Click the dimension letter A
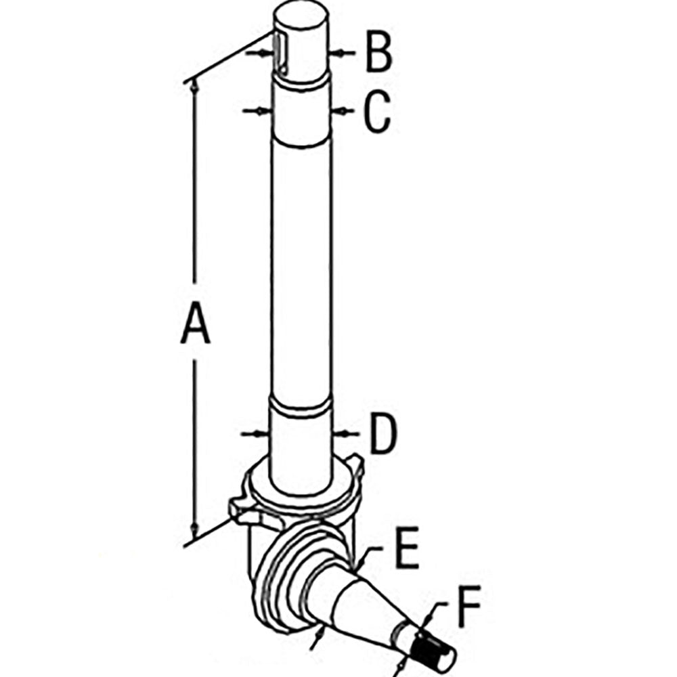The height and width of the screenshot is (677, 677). [x=195, y=322]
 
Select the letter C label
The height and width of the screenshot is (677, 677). [x=377, y=111]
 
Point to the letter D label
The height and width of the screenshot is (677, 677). [x=383, y=434]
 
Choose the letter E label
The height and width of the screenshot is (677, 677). [x=408, y=548]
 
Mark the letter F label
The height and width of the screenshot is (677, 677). [x=469, y=606]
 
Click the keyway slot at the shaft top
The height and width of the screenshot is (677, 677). [x=281, y=54]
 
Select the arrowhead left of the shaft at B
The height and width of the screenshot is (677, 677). [x=264, y=53]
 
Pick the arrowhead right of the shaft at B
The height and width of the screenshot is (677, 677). [x=336, y=53]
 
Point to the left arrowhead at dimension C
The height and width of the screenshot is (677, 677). [x=262, y=111]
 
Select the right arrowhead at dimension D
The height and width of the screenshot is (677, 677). [x=341, y=433]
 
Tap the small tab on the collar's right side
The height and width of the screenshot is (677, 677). [x=357, y=464]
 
